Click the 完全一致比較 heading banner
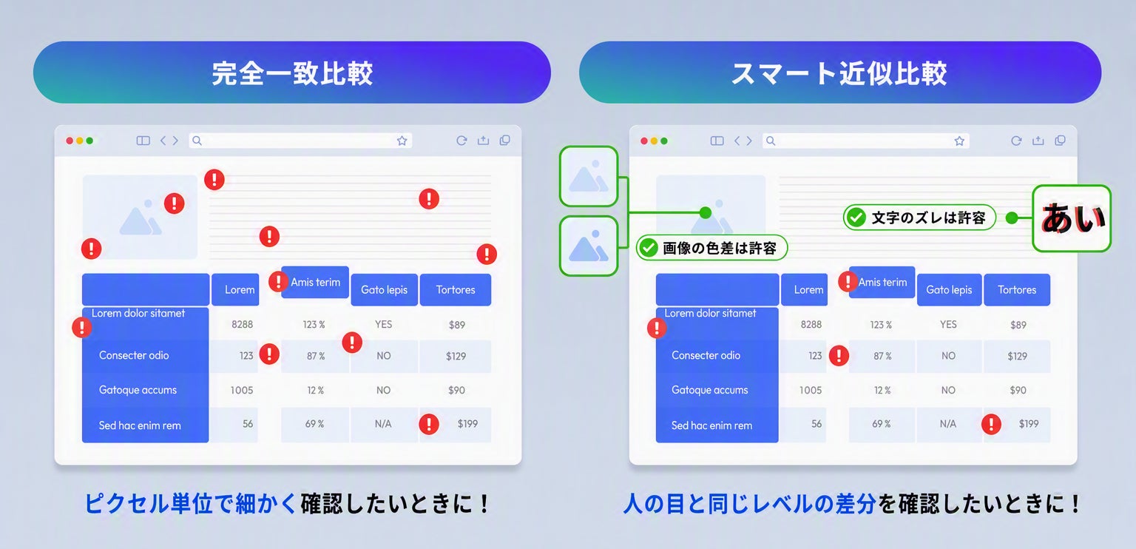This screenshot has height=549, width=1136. pos(292,73)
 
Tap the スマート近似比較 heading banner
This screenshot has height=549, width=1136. pos(840,73)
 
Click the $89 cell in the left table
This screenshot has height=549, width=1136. pos(456,325)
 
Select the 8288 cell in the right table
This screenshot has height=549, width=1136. pos(811,324)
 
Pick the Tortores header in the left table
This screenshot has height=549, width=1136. pos(456,290)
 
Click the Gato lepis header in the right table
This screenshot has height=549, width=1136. pos(949,290)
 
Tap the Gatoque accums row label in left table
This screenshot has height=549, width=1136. pos(138,390)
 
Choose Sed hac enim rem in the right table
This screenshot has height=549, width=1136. pos(711,425)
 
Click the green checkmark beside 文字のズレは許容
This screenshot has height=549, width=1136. pos(856,218)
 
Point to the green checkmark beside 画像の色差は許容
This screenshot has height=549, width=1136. pos(648,248)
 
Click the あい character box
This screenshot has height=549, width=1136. pos(1072,218)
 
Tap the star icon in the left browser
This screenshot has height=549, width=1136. pos(402,141)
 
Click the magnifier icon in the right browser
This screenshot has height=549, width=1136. pos(771,141)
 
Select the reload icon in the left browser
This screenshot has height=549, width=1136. pos(461,141)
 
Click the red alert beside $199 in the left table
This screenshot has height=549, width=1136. pos(429,424)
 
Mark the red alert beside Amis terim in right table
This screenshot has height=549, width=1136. pos(848,281)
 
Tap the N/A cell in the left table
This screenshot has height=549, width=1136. pos(383,424)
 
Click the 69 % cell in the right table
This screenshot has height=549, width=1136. pos(881,424)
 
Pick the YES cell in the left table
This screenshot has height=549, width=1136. pos(383,324)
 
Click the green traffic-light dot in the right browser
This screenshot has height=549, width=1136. pos(664,141)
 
